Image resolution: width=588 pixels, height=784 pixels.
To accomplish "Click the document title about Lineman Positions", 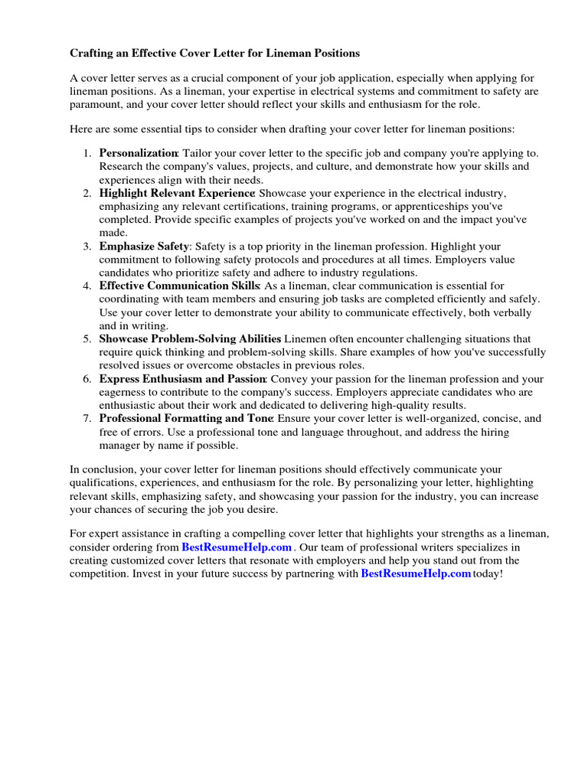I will click(215, 54).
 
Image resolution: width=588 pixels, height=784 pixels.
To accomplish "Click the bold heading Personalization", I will click(139, 153).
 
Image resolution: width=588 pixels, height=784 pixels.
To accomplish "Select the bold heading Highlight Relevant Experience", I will click(177, 193).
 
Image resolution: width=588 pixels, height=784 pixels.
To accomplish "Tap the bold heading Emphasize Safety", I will click(144, 247).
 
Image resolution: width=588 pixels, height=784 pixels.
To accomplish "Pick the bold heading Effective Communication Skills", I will click(179, 286).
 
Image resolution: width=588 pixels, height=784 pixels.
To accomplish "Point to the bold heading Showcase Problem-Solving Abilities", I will click(190, 338).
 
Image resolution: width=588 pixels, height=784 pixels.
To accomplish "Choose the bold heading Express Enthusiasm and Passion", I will click(182, 379).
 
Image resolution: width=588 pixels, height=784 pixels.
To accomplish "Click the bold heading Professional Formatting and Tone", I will click(186, 419).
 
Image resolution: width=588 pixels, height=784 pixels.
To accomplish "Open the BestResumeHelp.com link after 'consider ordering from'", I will click(237, 547).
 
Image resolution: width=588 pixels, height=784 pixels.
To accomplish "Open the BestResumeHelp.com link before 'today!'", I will click(416, 573).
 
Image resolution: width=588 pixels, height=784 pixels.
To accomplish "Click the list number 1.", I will click(87, 153).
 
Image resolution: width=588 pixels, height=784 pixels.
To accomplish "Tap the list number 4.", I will click(87, 286).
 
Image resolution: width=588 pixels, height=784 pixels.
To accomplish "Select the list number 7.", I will click(87, 419).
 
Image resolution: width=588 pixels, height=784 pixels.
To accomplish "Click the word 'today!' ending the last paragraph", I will click(488, 573).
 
